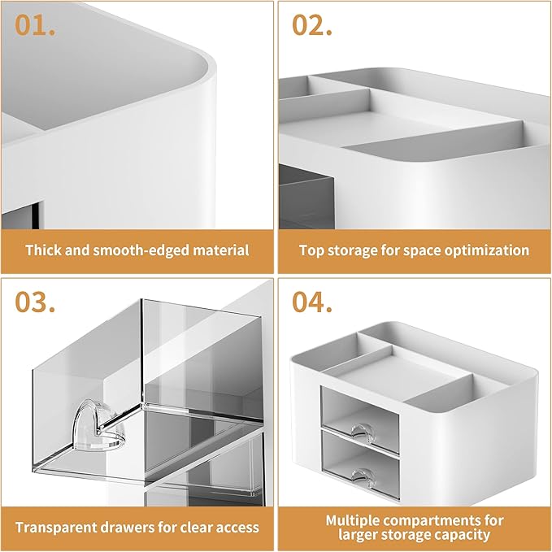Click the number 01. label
34,26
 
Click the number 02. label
312,26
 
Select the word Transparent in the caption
55,527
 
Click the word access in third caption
237,527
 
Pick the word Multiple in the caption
355,519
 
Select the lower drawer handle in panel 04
359,473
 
